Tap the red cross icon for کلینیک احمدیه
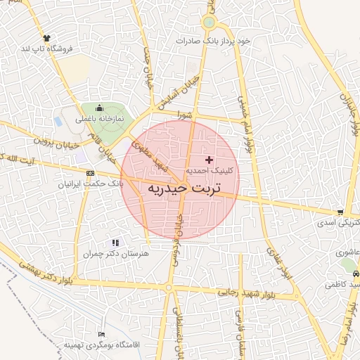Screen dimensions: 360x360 [209, 160]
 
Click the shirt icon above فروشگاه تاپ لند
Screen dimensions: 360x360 [46, 37]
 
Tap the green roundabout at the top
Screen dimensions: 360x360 [208, 23]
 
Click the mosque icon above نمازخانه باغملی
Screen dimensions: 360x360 [99, 108]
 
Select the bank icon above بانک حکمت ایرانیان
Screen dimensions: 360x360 [90, 173]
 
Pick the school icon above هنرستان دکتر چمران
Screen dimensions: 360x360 [115, 243]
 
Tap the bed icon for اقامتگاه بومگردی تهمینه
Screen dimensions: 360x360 [102, 334]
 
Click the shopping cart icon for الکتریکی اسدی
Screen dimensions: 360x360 [340, 212]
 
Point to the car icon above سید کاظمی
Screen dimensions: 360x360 [356, 274]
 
